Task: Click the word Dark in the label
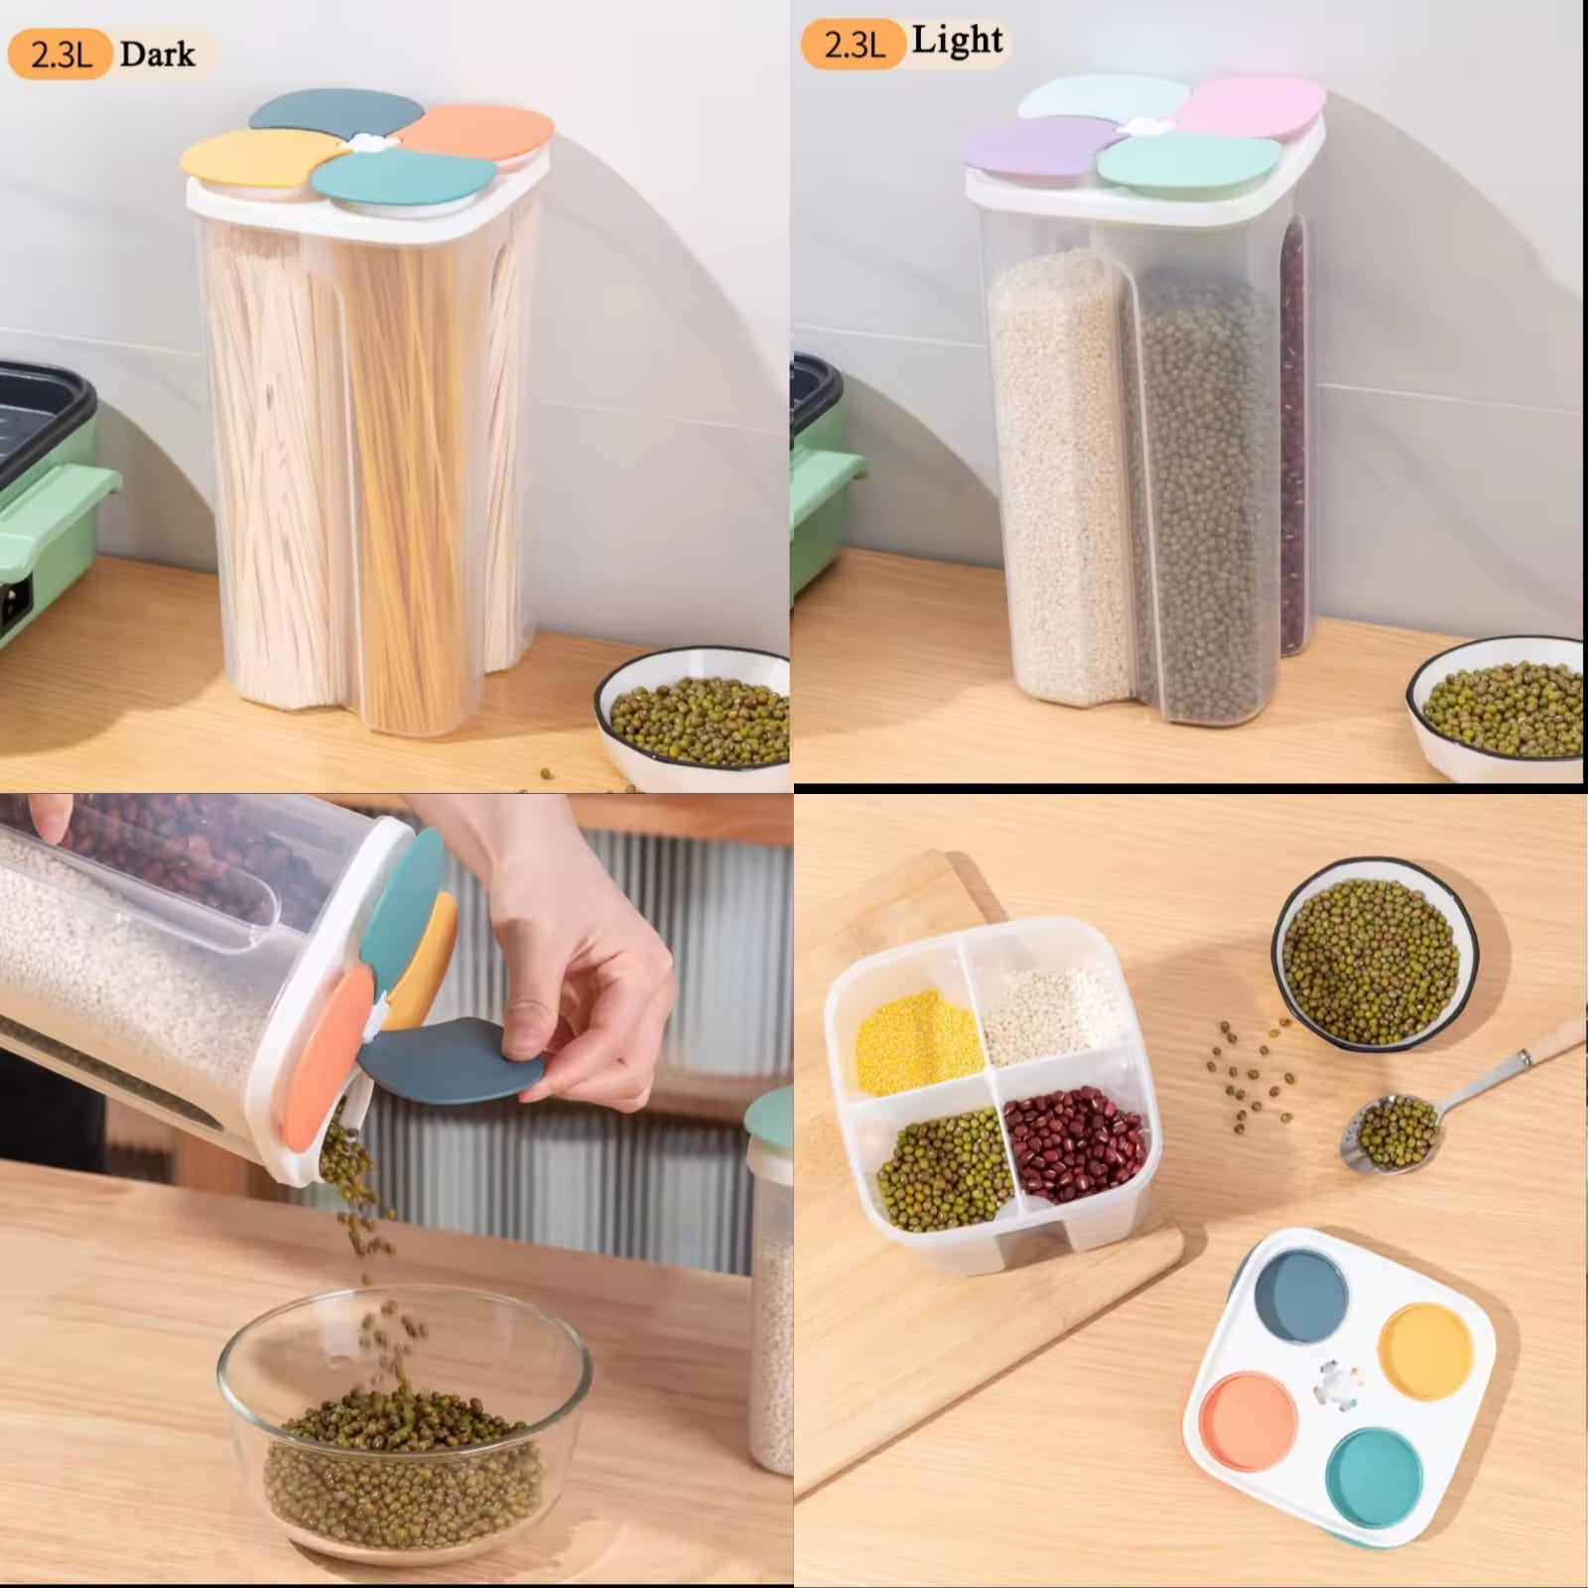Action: [x=157, y=54]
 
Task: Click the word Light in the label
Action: [x=957, y=42]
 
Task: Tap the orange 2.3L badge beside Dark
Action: [x=61, y=55]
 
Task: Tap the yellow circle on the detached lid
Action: [x=1424, y=1352]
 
